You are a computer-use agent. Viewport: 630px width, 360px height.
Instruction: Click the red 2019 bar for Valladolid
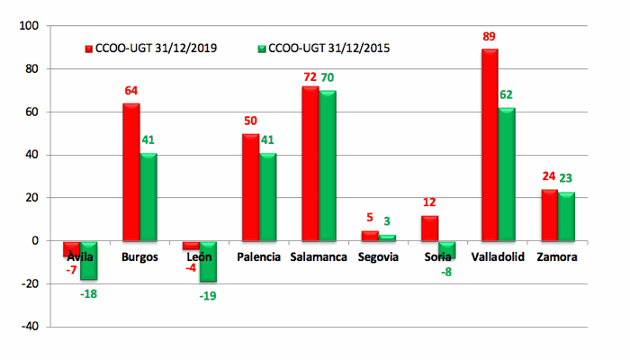490,144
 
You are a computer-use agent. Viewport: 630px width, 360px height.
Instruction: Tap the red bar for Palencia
250,187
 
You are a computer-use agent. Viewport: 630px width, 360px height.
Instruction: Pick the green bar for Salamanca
327,166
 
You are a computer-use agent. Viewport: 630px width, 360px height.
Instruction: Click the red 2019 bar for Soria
429,228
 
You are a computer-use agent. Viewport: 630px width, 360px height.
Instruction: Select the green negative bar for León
208,261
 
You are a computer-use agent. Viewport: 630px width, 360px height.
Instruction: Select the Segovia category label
378,257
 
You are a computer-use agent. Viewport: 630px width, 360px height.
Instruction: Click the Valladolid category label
498,257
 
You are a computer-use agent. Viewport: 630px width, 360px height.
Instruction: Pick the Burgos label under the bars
139,257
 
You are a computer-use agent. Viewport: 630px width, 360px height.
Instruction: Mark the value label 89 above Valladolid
489,37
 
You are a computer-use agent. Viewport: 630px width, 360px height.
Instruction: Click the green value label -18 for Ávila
87,293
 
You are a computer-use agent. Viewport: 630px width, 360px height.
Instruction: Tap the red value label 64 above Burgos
130,91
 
